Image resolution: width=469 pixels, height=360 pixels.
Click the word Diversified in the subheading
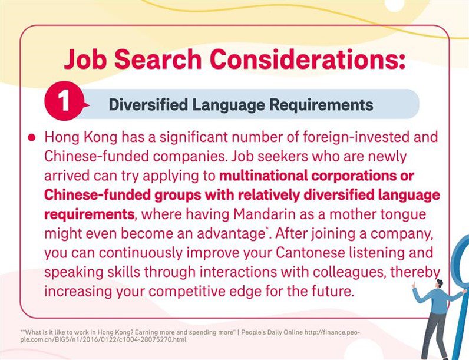tap(148, 105)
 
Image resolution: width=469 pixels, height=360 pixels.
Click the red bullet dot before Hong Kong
tap(32, 137)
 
